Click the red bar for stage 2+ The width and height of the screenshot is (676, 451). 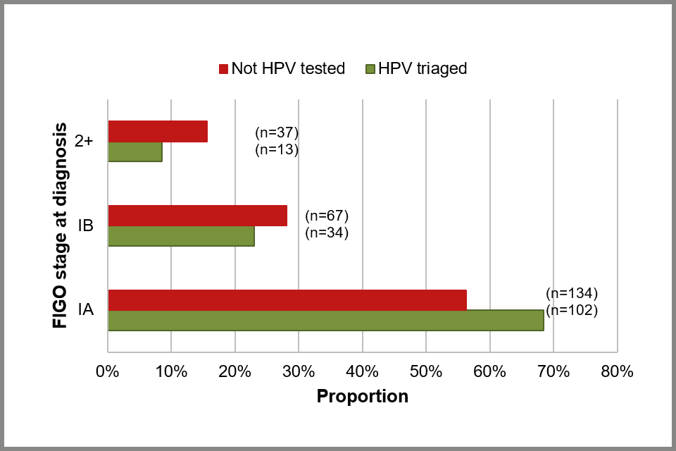[158, 132]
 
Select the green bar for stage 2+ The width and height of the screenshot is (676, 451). [135, 152]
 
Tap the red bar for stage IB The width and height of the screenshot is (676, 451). [197, 216]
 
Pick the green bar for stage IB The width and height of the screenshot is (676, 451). [181, 236]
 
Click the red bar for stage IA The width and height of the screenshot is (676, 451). [287, 299]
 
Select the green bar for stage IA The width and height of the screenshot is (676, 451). [325, 320]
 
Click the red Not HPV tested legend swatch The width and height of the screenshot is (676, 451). [224, 69]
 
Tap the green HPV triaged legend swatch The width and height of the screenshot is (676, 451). [371, 69]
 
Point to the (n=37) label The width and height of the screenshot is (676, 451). [277, 132]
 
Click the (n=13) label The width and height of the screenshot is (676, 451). [277, 149]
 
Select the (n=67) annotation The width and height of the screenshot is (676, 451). [327, 216]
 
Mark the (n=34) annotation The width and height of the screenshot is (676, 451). [327, 233]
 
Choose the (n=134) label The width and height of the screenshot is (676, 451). [572, 293]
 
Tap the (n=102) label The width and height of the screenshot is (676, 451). [572, 310]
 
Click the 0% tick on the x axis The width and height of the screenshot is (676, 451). [107, 371]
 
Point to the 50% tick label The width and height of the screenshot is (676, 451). [426, 371]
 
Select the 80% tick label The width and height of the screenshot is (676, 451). [618, 371]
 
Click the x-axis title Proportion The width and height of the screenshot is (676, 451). [362, 396]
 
